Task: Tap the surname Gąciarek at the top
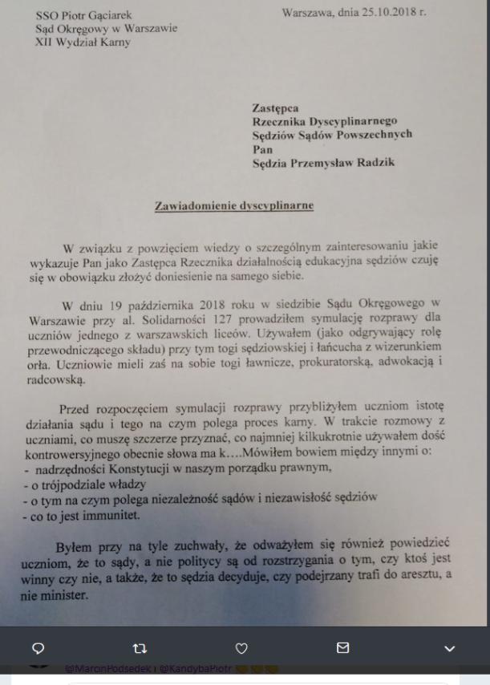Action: (109, 14)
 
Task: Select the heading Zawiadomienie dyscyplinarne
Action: (233, 206)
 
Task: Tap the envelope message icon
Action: (343, 648)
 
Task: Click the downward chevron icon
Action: (449, 648)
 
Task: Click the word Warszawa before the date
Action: (311, 13)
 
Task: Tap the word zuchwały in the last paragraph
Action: (189, 549)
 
